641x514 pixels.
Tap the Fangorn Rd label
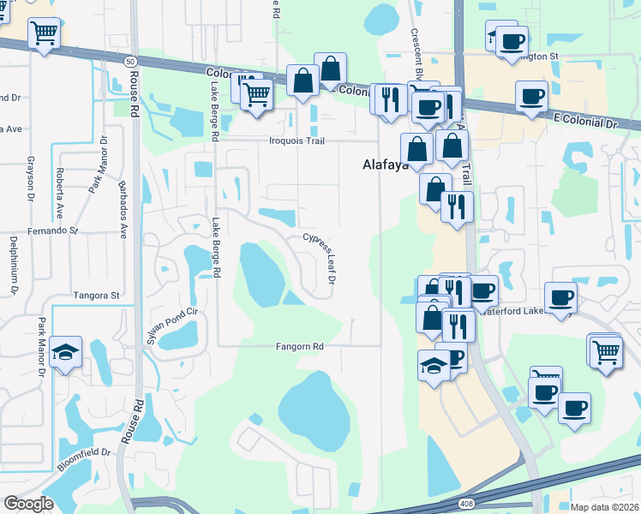pyautogui.click(x=299, y=346)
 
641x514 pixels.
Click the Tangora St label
pyautogui.click(x=97, y=295)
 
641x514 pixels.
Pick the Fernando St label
pyautogui.click(x=52, y=230)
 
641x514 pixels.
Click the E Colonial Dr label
pyautogui.click(x=585, y=123)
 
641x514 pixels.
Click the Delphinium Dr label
pyautogui.click(x=14, y=266)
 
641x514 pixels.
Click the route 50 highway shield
pyautogui.click(x=129, y=62)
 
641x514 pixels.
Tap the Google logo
pyautogui.click(x=28, y=503)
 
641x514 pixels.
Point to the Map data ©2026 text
pyautogui.click(x=604, y=507)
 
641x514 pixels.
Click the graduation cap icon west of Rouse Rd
pyautogui.click(x=65, y=351)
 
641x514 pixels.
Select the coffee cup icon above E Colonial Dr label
pyautogui.click(x=531, y=96)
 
